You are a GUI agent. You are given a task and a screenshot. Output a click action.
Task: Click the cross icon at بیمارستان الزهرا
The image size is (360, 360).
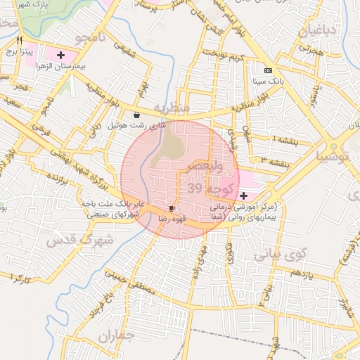coord(61,54)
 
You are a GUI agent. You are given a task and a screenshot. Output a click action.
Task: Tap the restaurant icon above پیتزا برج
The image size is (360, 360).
coord(19,39)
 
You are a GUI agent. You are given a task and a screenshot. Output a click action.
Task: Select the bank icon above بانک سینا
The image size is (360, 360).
coord(268,70)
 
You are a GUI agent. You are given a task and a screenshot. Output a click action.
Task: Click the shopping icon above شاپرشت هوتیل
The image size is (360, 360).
coord(136,115)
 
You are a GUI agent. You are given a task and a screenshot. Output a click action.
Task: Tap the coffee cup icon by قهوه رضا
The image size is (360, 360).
coord(172,209)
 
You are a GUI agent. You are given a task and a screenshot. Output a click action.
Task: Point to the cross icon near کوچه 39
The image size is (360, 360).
coord(243,195)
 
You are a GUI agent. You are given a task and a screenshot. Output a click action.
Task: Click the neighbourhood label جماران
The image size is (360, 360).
coord(115,337)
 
